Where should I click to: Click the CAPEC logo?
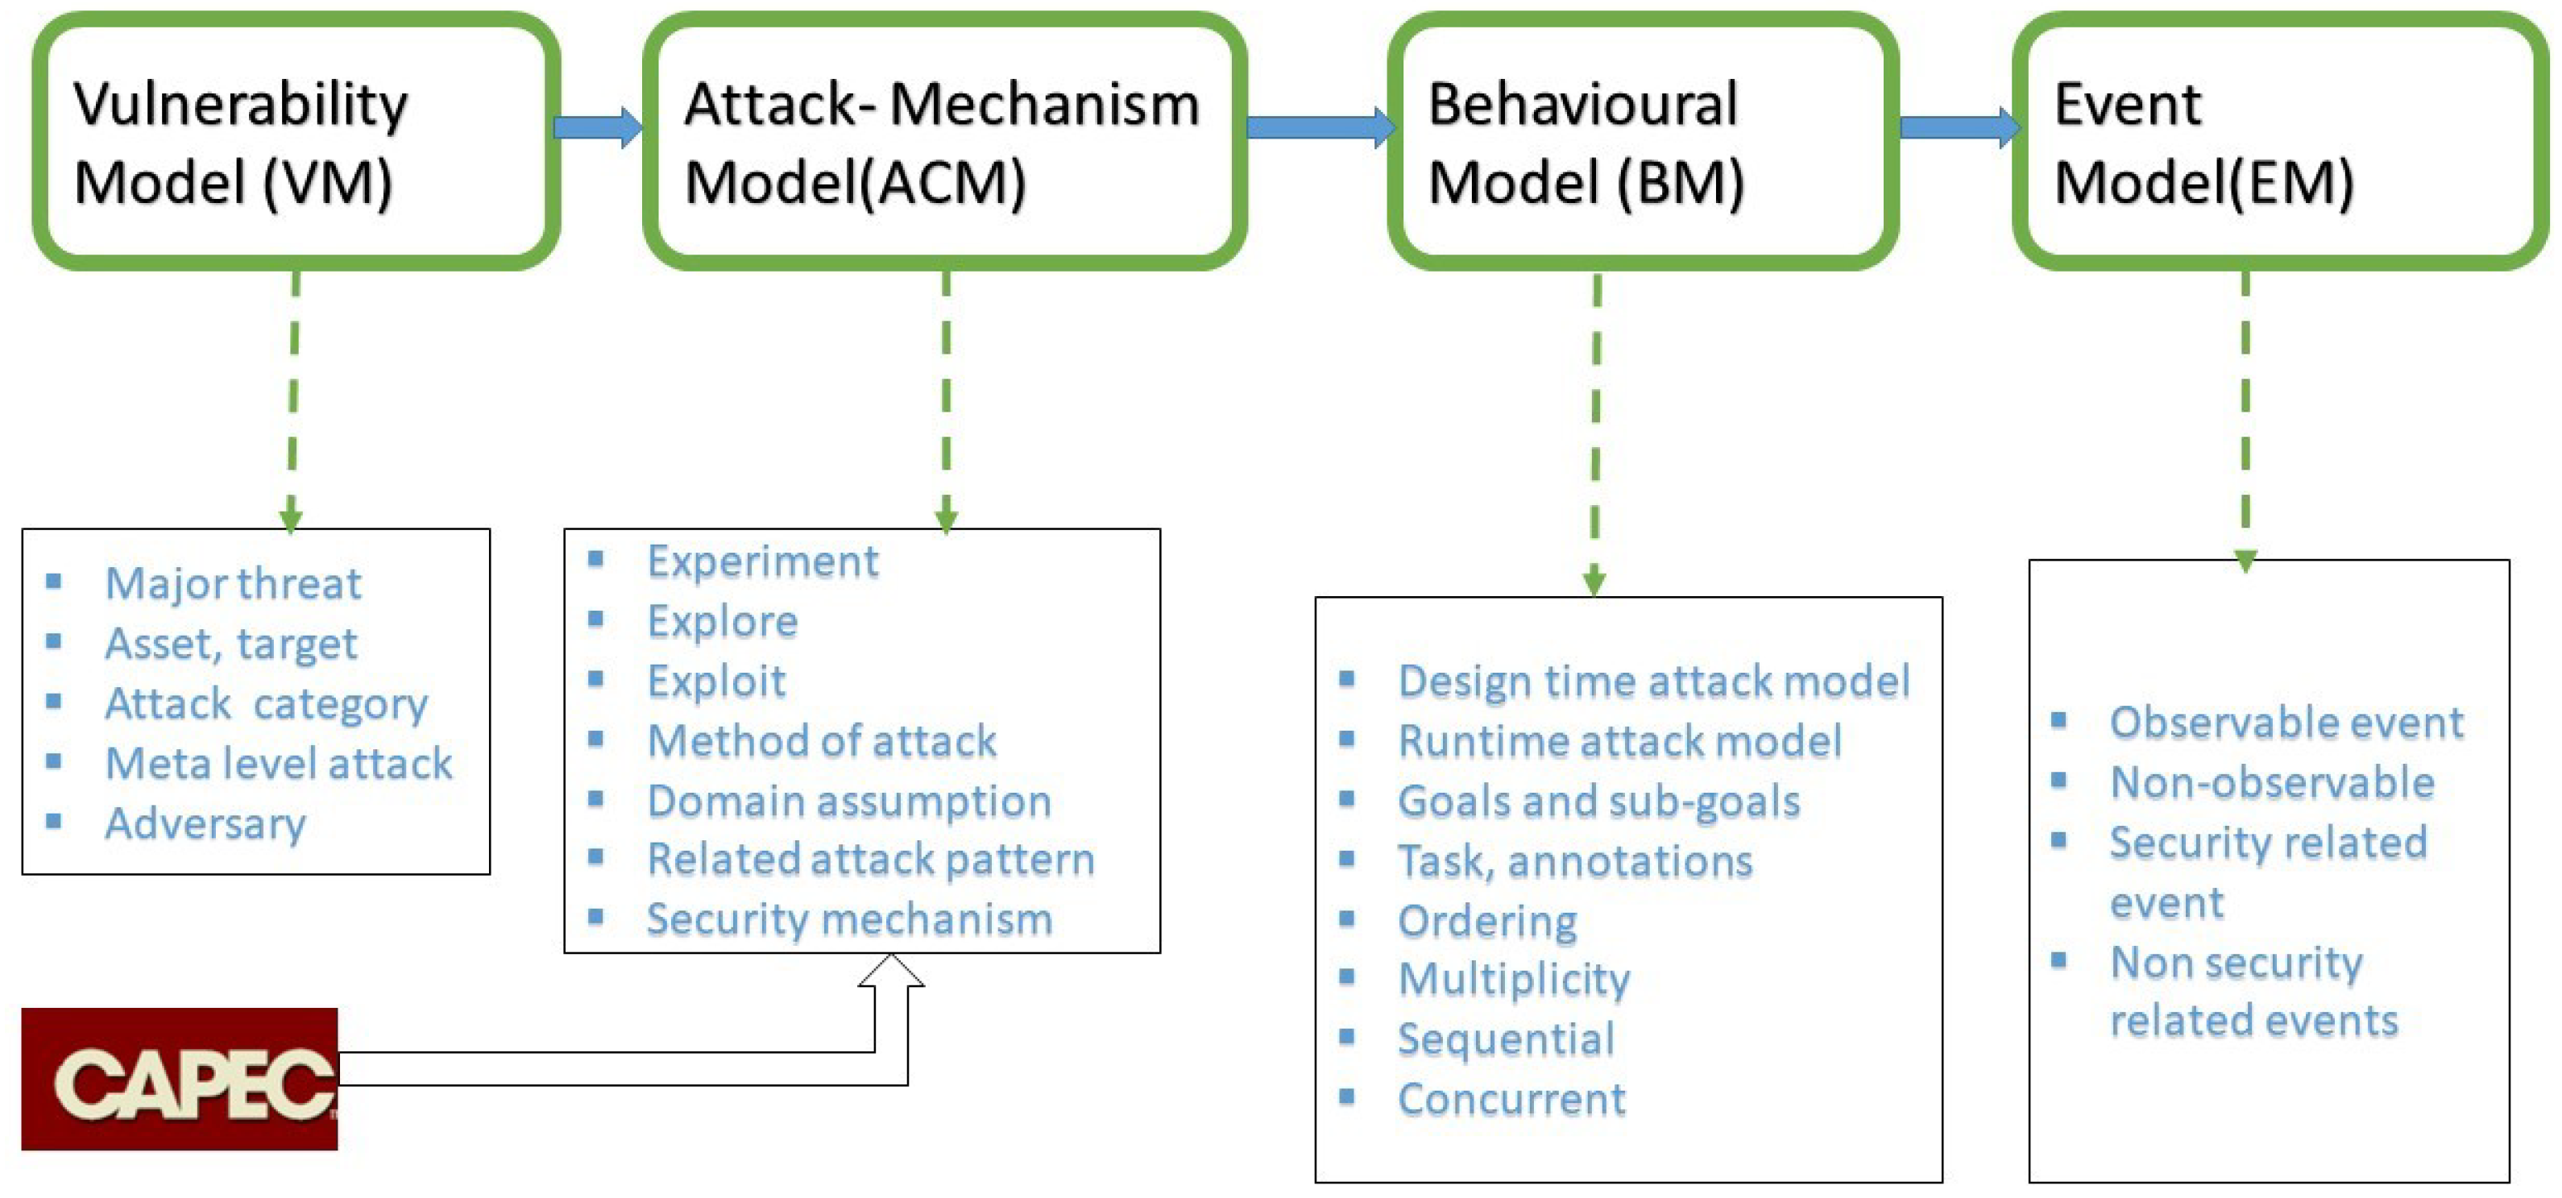(179, 1079)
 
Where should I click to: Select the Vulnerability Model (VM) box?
(296, 141)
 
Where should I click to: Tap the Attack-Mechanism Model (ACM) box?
(944, 141)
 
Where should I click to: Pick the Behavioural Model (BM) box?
(1643, 141)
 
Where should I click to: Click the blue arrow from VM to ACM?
(597, 127)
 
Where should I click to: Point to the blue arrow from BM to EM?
(1957, 127)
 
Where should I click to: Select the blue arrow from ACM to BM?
(1319, 127)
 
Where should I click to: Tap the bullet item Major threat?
(233, 583)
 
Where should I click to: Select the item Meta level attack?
(279, 764)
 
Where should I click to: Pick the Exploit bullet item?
(716, 681)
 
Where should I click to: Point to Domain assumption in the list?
(848, 800)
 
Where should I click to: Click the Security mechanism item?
(848, 919)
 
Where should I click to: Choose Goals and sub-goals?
(1598, 802)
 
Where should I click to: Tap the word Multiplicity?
(1514, 980)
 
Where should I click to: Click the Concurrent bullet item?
(1511, 1100)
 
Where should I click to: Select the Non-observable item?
(2272, 782)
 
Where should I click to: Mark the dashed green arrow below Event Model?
(2245, 417)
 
